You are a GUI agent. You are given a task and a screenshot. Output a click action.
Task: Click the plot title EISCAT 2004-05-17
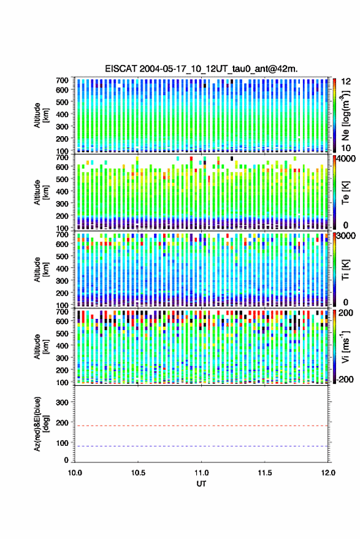coord(201,69)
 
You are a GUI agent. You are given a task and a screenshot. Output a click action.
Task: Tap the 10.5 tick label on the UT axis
coord(138,473)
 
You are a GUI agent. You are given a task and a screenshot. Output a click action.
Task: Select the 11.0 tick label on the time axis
coord(201,473)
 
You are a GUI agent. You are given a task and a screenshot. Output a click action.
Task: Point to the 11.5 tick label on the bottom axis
coord(264,473)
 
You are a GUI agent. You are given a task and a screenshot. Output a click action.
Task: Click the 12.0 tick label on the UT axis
coord(328,473)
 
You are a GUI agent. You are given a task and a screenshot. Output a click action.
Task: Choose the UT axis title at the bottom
coord(201,484)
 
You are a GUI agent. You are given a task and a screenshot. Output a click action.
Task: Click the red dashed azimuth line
coord(201,426)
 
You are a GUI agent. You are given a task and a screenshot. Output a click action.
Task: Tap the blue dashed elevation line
coord(201,446)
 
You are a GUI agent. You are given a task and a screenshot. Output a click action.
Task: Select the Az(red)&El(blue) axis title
coord(41,424)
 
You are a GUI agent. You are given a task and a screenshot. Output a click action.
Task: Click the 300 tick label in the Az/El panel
coord(62,402)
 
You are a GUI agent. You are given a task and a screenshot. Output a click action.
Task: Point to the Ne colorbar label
coord(345,115)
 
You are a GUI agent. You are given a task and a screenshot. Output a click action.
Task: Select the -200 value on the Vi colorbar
coord(344,380)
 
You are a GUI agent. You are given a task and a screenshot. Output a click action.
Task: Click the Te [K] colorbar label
coord(345,193)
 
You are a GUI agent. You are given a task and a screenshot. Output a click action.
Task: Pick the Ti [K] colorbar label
coord(345,270)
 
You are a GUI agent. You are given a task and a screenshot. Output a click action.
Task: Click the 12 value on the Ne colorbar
coord(346,82)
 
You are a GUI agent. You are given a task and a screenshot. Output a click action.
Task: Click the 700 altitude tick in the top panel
coord(62,80)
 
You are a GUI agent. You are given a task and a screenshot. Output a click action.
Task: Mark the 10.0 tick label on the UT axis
coord(75,473)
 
